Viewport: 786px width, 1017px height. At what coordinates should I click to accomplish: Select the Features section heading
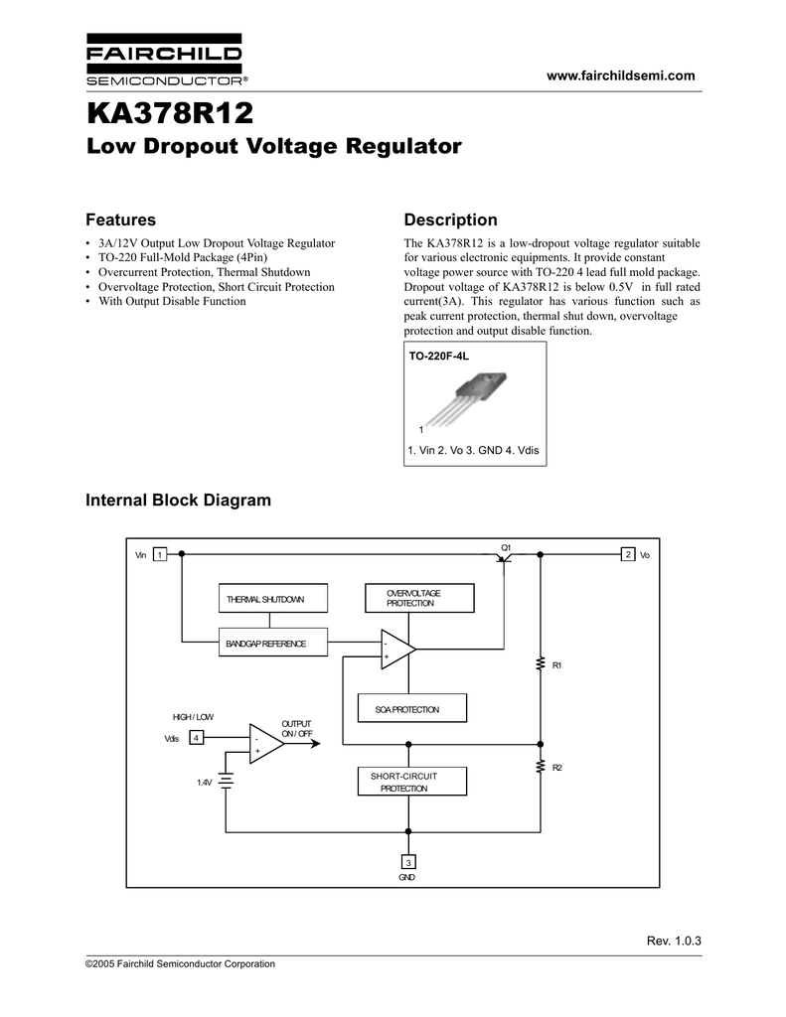(120, 219)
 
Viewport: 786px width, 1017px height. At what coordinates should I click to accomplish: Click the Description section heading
(450, 219)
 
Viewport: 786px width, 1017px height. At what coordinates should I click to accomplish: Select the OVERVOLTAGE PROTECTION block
(419, 598)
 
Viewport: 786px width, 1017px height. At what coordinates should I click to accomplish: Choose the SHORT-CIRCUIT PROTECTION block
(411, 781)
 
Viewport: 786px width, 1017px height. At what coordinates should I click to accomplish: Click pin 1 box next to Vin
(160, 554)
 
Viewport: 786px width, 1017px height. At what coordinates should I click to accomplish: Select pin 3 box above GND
(407, 861)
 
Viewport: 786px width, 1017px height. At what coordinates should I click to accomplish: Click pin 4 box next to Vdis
(197, 738)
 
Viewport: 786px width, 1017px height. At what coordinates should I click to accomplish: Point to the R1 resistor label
(557, 664)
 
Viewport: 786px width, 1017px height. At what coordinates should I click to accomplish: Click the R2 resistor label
(557, 769)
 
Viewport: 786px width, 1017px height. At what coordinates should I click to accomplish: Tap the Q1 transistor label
(506, 546)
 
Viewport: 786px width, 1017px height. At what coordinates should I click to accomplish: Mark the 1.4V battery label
(204, 783)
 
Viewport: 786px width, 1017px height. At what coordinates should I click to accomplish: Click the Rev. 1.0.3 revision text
(674, 941)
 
